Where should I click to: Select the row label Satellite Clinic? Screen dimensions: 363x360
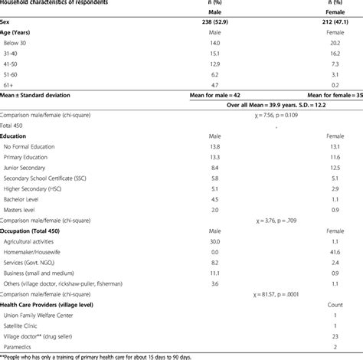click(x=26, y=325)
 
